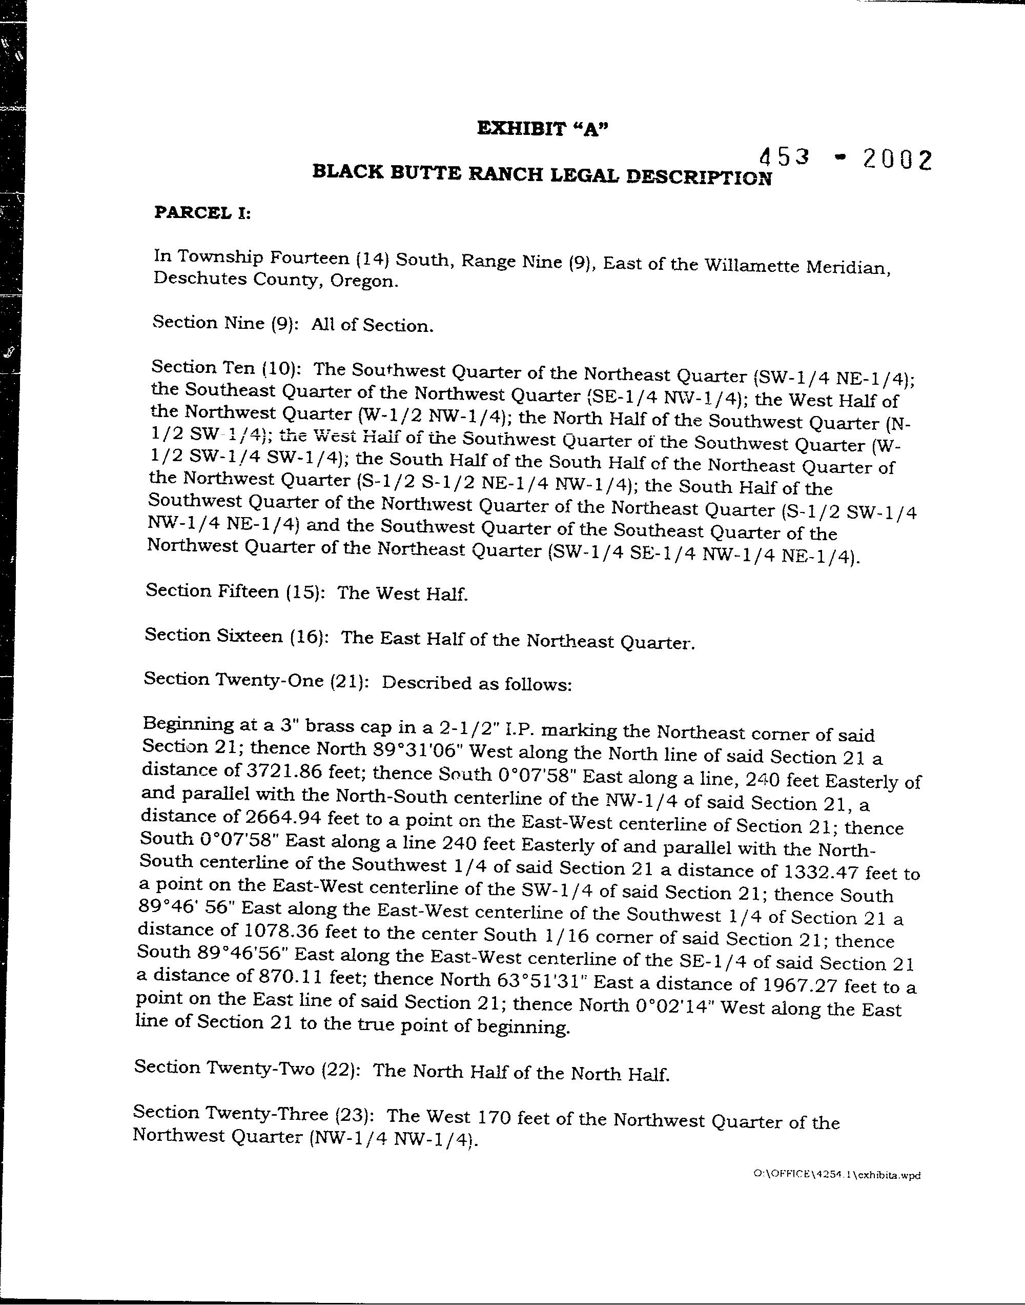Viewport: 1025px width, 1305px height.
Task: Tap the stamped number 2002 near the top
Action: [x=897, y=161]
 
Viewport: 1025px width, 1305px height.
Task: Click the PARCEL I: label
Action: [x=202, y=213]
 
